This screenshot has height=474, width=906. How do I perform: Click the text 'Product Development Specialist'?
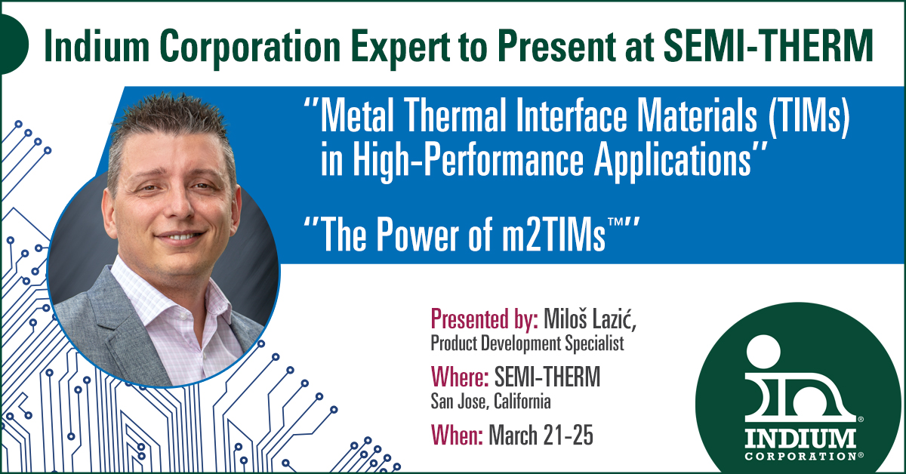[x=528, y=343]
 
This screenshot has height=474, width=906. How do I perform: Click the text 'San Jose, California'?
[x=491, y=401]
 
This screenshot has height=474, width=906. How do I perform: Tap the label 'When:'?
[x=457, y=436]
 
